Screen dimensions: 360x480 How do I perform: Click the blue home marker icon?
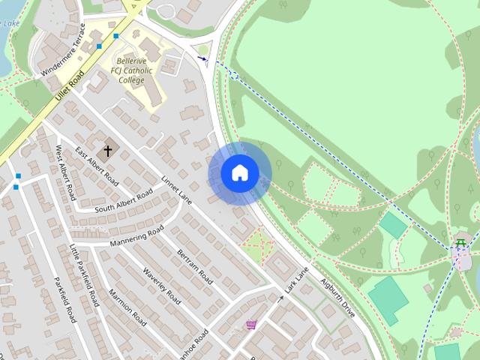239,173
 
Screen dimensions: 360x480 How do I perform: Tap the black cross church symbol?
107,151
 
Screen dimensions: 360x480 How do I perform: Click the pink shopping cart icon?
251,325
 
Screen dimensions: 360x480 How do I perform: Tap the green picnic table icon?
461,242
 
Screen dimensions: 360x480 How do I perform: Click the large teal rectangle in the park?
388,300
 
